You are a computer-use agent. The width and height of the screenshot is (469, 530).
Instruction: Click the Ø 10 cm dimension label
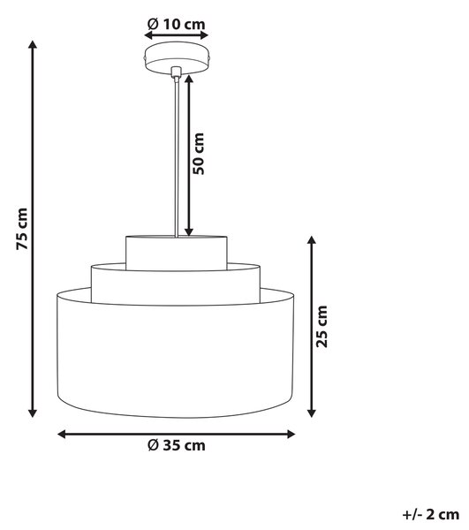point(176,25)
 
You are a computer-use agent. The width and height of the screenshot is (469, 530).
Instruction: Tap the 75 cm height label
point(22,229)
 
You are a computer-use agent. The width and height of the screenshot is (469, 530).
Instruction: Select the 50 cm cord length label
point(199,154)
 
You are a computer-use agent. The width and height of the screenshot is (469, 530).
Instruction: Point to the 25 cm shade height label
point(321,326)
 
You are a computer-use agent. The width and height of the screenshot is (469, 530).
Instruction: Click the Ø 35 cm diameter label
point(177,445)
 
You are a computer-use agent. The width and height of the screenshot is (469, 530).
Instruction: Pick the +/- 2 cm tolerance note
point(431,515)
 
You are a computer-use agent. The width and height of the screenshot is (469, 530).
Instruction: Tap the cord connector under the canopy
point(176,72)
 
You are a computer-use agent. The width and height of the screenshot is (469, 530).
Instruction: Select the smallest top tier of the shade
point(176,253)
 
